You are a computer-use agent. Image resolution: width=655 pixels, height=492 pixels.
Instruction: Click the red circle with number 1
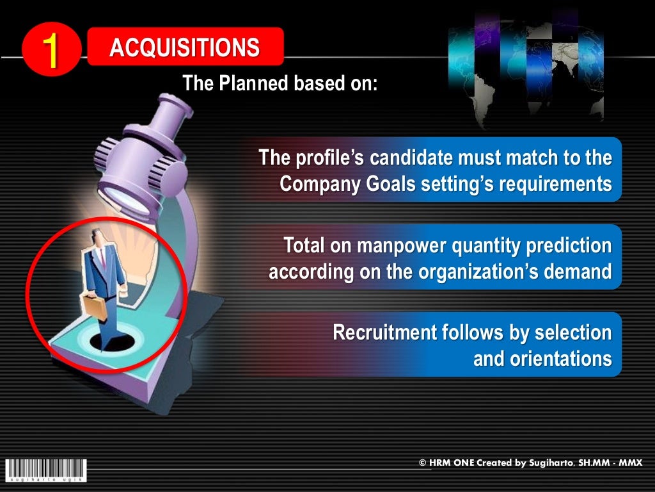[51, 51]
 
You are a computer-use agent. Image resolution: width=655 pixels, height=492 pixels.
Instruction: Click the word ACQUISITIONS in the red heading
[184, 48]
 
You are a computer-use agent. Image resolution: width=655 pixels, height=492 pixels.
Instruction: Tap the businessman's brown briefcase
[93, 307]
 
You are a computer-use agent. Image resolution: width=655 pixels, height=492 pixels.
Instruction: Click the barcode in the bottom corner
[45, 469]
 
